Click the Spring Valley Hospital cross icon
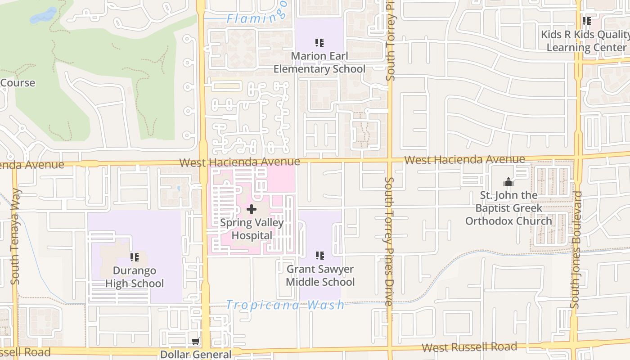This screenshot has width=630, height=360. tap(252, 209)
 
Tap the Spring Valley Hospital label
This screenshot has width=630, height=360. tap(252, 229)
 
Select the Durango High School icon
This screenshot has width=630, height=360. tap(134, 257)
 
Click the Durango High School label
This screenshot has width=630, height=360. tap(135, 277)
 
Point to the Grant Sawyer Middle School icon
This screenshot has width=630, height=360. tap(319, 256)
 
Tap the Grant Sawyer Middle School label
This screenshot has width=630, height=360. tap(320, 275)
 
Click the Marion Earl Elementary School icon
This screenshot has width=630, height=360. tap(319, 43)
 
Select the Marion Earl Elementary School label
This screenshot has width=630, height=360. tap(319, 63)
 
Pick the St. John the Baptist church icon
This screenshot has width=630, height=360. tap(508, 182)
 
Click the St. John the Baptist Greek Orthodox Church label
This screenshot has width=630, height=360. tap(508, 208)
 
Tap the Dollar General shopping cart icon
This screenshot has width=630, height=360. tap(196, 342)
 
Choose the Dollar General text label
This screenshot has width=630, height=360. tap(196, 355)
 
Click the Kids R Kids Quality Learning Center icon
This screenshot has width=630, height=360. tap(586, 21)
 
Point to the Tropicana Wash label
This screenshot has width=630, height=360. tap(285, 305)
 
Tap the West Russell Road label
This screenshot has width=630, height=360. tap(469, 347)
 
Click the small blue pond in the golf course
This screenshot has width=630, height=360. tap(43, 16)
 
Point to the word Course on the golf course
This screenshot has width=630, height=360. tap(18, 83)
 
